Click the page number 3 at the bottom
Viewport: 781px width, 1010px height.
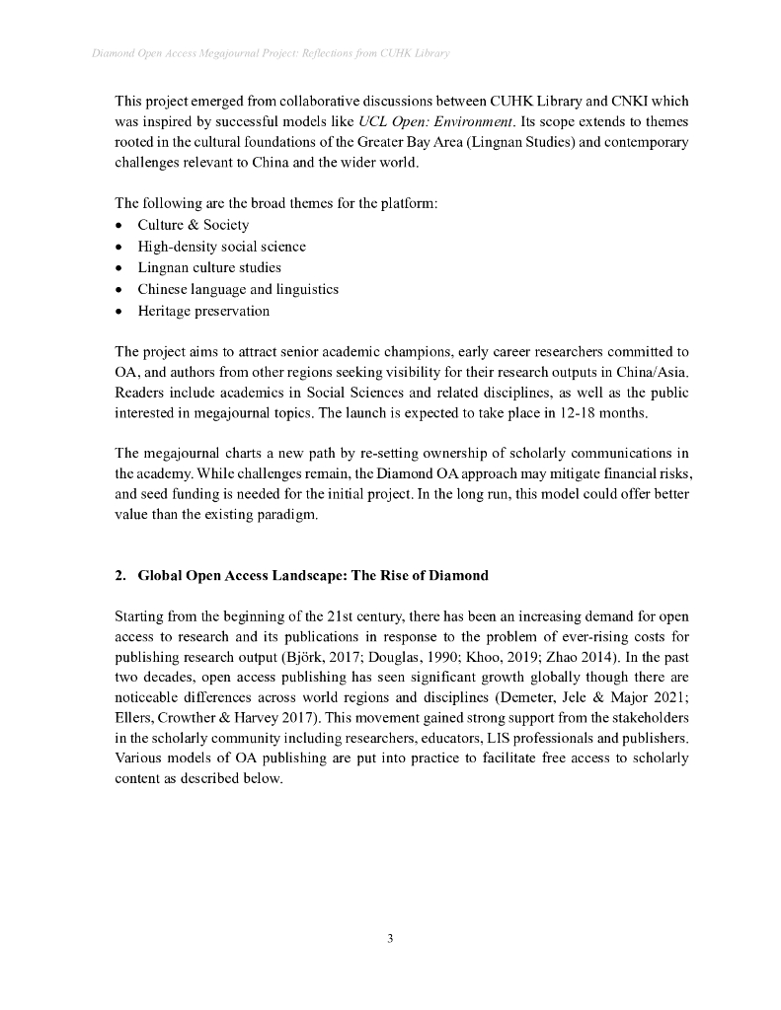390,938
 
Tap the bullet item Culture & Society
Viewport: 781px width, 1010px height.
193,225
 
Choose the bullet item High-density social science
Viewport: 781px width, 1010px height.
221,247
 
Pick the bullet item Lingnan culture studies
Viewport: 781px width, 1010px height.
208,267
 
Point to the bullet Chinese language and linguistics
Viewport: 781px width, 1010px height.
237,289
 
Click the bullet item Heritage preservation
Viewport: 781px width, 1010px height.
202,311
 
